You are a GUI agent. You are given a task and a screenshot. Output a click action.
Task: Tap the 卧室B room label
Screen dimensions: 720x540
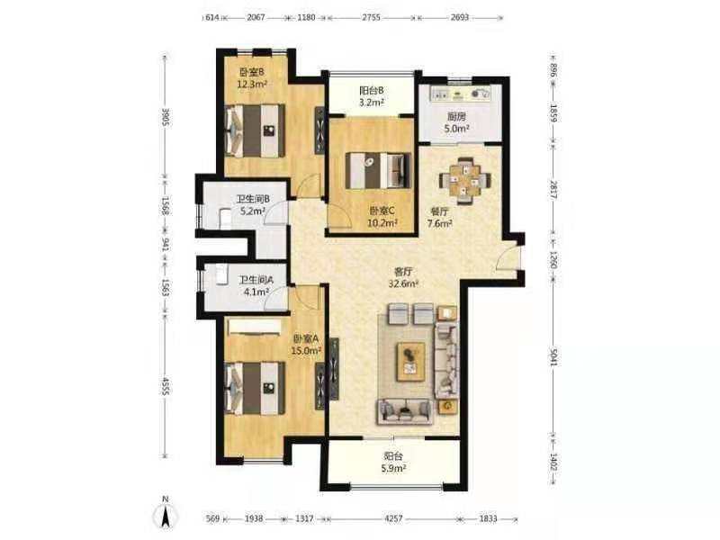point(252,72)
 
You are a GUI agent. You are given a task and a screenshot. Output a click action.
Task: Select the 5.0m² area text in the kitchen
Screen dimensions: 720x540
point(456,129)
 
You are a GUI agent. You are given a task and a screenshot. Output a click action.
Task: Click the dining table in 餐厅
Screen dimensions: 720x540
point(465,181)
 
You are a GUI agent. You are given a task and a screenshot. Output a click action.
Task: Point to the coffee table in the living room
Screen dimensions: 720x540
point(411,361)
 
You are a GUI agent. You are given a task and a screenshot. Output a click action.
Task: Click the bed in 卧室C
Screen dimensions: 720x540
point(377,170)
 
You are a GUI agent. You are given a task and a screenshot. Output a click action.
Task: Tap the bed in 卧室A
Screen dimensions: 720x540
point(256,388)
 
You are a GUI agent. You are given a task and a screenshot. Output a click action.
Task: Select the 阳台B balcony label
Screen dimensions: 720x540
point(372,91)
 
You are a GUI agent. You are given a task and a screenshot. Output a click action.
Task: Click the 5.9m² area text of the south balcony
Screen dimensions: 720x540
point(394,468)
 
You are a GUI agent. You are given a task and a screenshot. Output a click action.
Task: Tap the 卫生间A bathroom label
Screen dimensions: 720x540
point(256,280)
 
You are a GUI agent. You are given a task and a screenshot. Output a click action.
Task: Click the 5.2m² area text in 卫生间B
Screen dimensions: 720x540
point(253,211)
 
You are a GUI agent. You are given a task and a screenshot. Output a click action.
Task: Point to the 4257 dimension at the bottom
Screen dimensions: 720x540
point(393,518)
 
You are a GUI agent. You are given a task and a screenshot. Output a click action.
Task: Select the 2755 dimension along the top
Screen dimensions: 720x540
point(371,17)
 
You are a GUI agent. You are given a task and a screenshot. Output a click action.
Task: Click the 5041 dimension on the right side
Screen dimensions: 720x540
point(553,355)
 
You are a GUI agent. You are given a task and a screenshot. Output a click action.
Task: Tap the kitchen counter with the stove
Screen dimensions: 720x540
point(460,94)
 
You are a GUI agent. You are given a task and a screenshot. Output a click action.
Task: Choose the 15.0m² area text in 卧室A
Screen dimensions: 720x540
point(306,351)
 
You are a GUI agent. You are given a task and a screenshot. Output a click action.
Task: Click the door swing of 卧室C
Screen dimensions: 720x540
point(340,215)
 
